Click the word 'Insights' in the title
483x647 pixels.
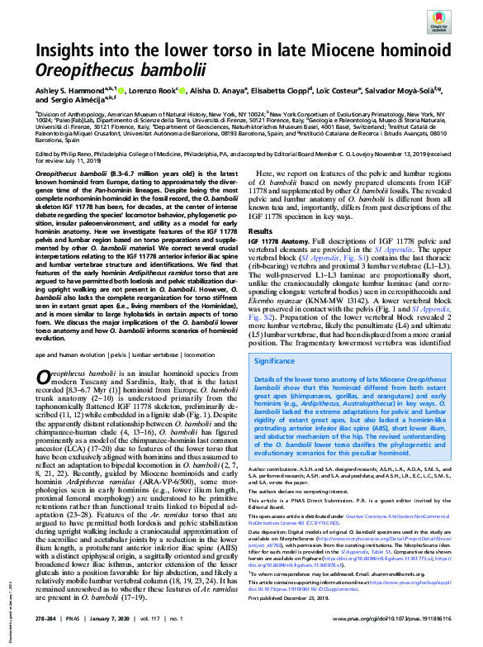point(69,50)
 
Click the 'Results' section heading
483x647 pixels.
point(262,231)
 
